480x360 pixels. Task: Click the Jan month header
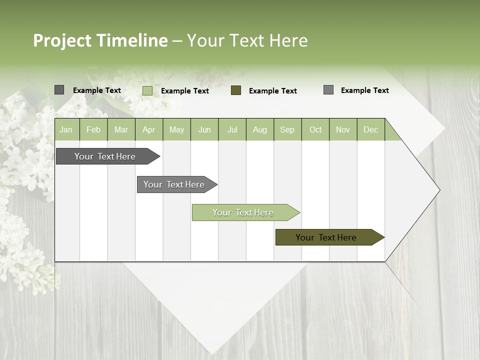pos(66,129)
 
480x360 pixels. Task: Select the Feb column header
pos(93,129)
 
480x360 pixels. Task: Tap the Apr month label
pos(148,129)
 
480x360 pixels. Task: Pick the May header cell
pos(176,129)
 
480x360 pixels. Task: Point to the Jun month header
pos(204,129)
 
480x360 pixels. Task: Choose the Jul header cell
pos(232,129)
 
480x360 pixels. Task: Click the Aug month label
pos(260,129)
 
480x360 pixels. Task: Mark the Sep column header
pos(287,129)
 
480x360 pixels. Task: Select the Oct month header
pos(315,129)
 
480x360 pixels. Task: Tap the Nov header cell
pos(343,129)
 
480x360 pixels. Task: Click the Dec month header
pos(371,129)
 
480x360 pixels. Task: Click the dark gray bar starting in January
pos(105,156)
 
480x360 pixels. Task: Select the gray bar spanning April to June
pos(174,184)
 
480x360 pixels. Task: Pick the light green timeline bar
pos(243,212)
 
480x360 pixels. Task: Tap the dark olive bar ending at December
pos(326,237)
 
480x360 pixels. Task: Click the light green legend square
pos(147,90)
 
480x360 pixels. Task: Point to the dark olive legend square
pos(236,90)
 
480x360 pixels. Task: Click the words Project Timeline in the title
pos(100,40)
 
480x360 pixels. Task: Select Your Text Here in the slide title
pos(247,40)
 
